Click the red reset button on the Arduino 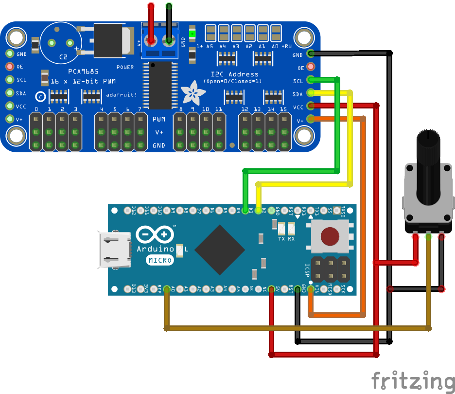pyautogui.click(x=330, y=236)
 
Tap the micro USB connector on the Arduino pyautogui.click(x=115, y=250)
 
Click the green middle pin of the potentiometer pyautogui.click(x=428, y=237)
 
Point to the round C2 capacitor pyautogui.click(x=63, y=43)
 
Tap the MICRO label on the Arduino pyautogui.click(x=159, y=260)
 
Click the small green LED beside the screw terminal pyautogui.click(x=192, y=34)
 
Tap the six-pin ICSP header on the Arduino pyautogui.click(x=330, y=268)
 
